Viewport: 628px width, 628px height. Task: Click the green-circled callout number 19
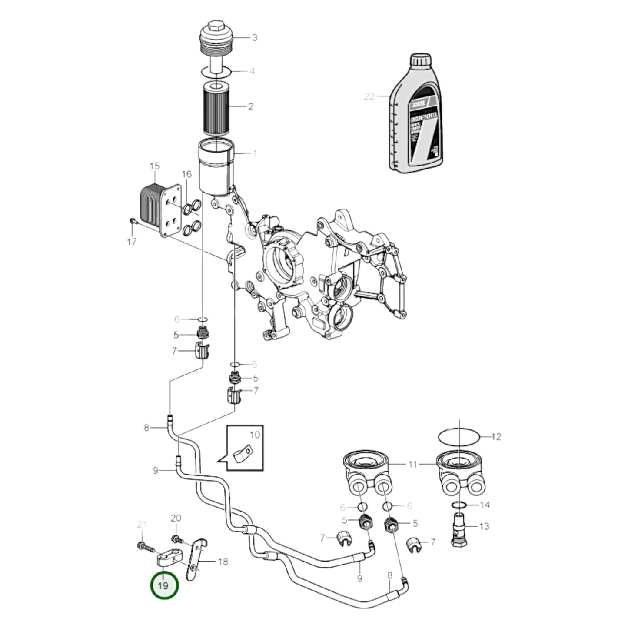tap(164, 585)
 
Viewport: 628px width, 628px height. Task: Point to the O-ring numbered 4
tap(216, 71)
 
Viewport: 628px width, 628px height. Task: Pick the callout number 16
tap(186, 175)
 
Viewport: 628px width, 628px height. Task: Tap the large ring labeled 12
tap(459, 436)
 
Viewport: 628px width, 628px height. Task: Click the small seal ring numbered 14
tap(459, 505)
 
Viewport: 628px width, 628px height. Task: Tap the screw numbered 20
tap(176, 539)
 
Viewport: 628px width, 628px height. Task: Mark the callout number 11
tap(412, 465)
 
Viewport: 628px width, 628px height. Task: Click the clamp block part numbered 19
tap(166, 558)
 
